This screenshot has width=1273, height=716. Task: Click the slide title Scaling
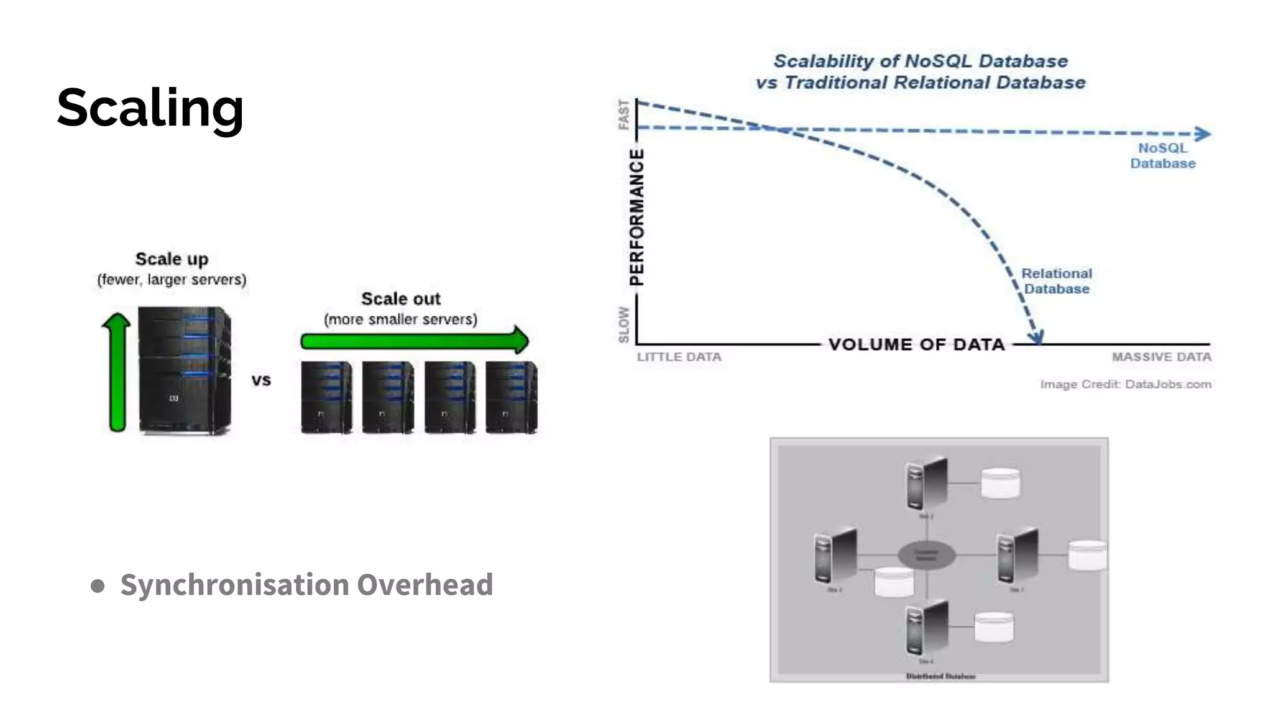click(150, 108)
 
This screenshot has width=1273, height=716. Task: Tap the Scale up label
click(172, 259)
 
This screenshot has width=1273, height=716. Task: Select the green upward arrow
click(116, 372)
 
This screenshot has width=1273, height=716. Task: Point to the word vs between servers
click(261, 380)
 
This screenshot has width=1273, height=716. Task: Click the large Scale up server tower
click(185, 370)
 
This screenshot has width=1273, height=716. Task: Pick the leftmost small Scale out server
click(326, 397)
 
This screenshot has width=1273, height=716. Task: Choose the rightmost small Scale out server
click(511, 397)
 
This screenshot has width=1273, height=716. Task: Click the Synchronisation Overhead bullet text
click(306, 585)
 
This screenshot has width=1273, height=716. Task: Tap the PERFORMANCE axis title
click(636, 218)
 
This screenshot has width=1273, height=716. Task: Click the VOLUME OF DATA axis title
click(917, 344)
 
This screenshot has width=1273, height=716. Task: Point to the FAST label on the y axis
click(623, 115)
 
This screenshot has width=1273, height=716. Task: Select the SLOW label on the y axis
click(623, 324)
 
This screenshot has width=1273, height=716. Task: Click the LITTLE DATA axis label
click(679, 357)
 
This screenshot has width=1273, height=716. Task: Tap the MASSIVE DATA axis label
click(1161, 357)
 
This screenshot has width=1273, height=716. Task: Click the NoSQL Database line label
click(1162, 156)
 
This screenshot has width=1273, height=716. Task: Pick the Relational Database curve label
click(1057, 282)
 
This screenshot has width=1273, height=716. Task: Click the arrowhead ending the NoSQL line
click(1203, 134)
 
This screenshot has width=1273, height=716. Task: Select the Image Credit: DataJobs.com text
click(1125, 385)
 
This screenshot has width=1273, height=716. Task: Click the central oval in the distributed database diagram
click(926, 554)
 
